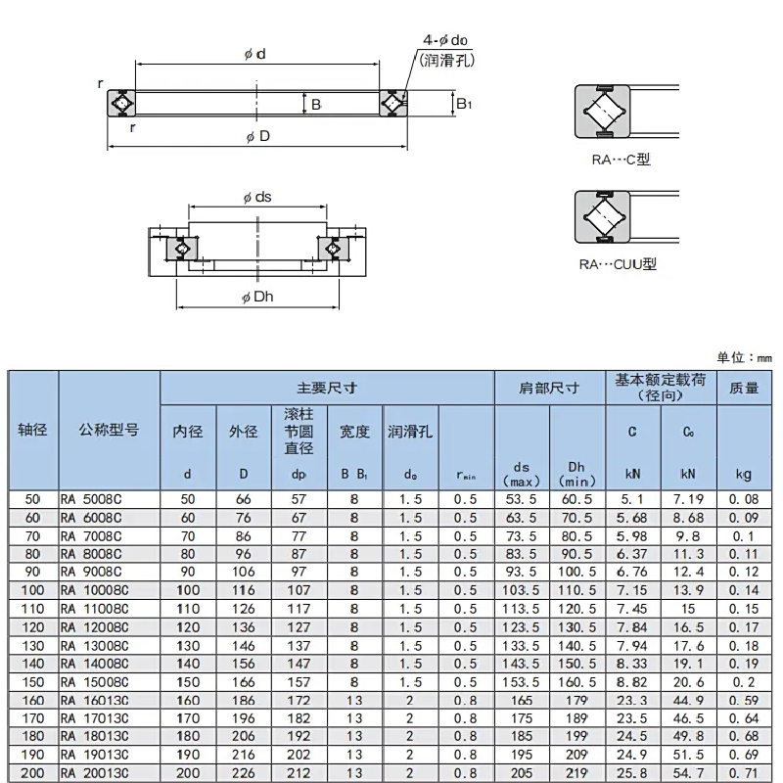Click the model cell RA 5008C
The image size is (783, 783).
click(94, 499)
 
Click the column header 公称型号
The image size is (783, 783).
click(109, 430)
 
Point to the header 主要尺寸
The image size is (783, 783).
click(326, 388)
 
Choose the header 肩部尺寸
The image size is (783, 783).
click(549, 388)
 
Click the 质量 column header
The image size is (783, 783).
click(744, 388)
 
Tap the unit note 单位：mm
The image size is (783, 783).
click(751, 358)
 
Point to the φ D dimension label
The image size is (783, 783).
click(258, 136)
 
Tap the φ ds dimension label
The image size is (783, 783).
click(256, 197)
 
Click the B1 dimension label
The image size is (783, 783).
click(463, 102)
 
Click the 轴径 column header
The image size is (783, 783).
click(33, 430)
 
